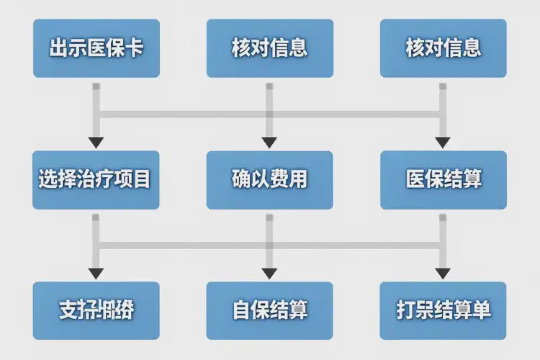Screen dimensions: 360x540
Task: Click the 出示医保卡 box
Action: tap(96, 48)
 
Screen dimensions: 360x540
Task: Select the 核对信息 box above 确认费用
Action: tap(270, 48)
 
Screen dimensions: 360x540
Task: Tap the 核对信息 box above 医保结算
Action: tap(444, 48)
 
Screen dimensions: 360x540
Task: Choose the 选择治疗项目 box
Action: tap(96, 180)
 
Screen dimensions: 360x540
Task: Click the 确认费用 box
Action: tap(270, 180)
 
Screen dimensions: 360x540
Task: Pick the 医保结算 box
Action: tap(444, 180)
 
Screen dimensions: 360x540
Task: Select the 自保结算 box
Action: tap(270, 311)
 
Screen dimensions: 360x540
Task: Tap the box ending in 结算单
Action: tap(444, 311)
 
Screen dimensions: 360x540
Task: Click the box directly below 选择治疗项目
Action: tap(96, 311)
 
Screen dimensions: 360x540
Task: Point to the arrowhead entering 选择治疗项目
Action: tap(96, 142)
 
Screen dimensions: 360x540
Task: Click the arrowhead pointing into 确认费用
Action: tap(269, 142)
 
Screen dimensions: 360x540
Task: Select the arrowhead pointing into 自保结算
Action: tap(269, 274)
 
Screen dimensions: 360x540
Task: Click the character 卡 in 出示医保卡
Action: tap(134, 48)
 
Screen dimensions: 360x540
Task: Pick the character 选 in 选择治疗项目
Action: tap(49, 180)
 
